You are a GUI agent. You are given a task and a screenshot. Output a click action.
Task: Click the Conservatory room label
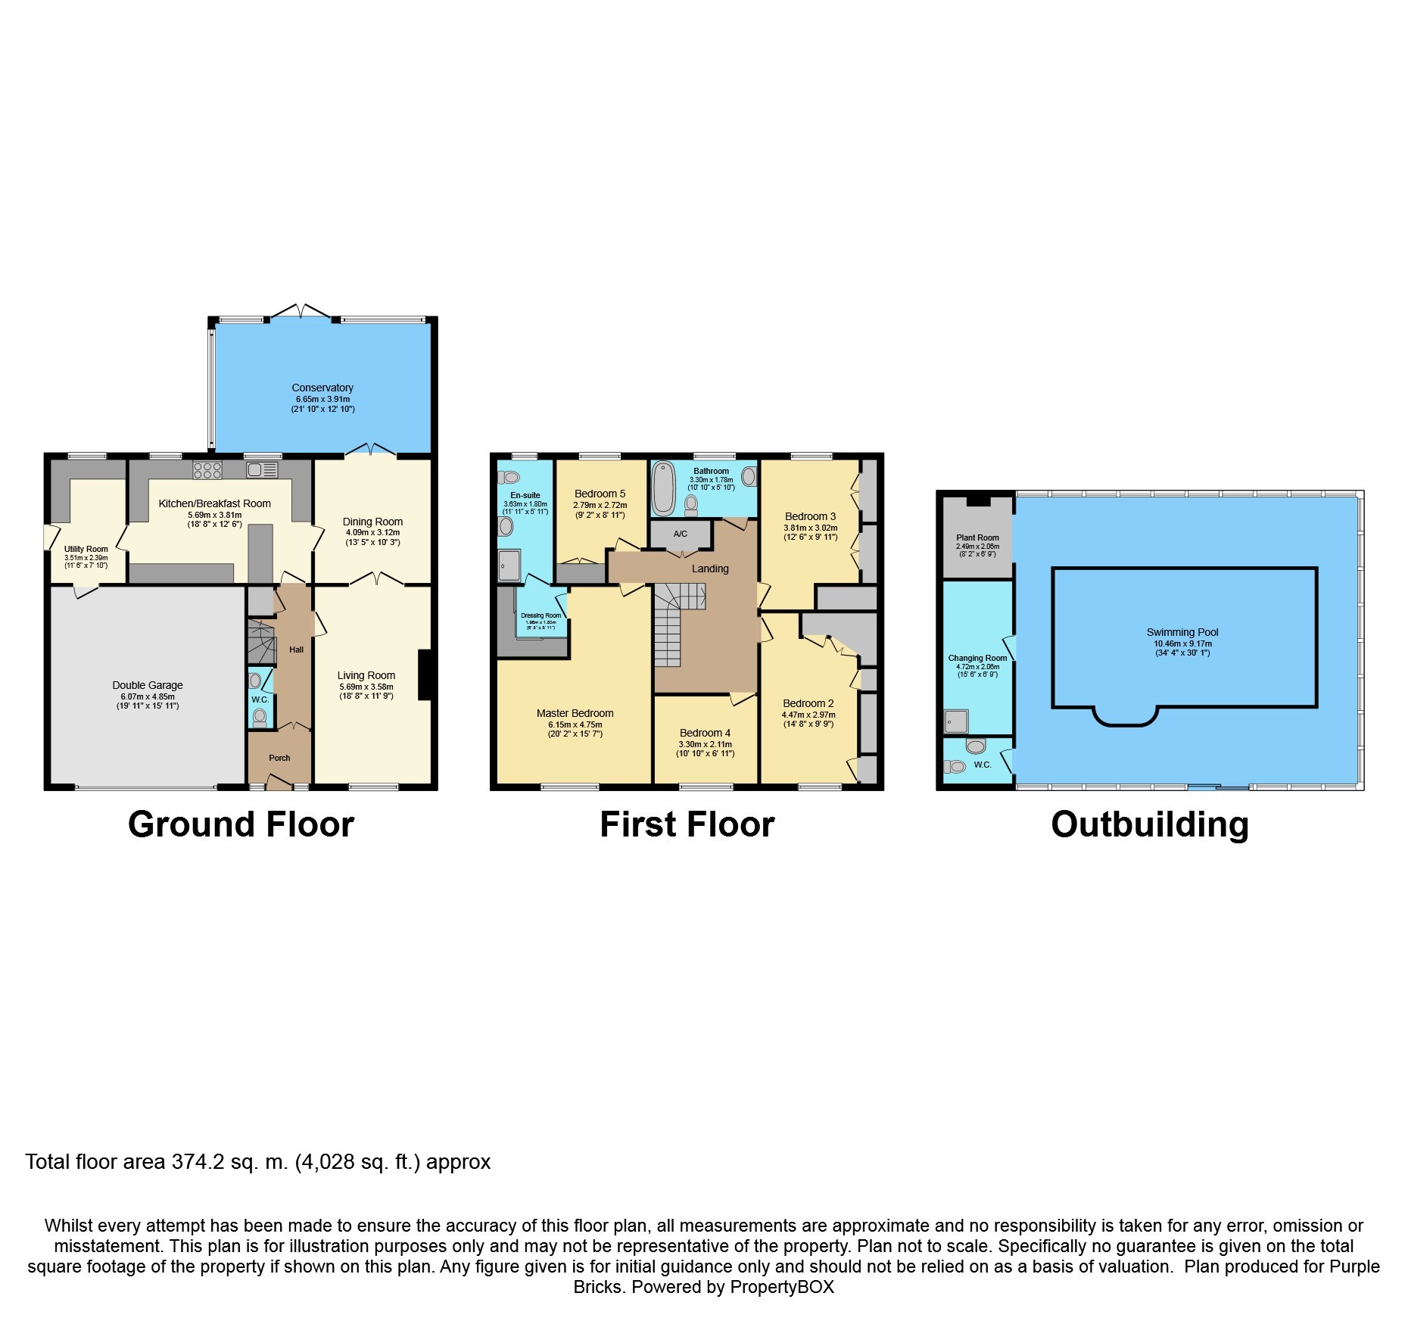[x=322, y=388]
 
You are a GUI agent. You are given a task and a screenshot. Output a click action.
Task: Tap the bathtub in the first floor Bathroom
[x=664, y=488]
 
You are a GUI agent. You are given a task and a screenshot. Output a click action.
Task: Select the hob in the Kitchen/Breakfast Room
[x=207, y=470]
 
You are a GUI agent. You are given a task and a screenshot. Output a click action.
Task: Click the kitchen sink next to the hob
[x=262, y=470]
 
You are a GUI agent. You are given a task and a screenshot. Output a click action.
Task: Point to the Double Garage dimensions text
[x=147, y=701]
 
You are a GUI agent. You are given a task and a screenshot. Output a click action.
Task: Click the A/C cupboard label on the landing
[x=681, y=534]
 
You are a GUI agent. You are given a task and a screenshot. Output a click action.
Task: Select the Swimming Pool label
[x=1182, y=632]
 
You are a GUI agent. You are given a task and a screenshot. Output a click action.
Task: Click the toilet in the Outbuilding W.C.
[x=976, y=747]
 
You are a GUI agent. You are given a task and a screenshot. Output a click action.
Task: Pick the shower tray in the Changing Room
[x=956, y=721]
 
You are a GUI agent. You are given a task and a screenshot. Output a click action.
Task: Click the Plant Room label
[x=977, y=537]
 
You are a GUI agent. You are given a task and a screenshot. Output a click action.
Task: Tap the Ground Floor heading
[x=241, y=824]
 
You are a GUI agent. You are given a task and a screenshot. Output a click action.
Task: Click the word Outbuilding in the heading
[x=1149, y=824]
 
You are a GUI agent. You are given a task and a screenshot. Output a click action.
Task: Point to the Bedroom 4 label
[x=705, y=733]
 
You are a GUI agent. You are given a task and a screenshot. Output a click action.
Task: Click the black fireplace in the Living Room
[x=425, y=675]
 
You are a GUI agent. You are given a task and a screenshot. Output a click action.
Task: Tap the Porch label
[x=279, y=758]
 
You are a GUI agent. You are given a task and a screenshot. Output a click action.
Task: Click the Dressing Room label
[x=540, y=615]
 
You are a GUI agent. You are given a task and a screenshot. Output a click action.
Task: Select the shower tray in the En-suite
[x=509, y=565]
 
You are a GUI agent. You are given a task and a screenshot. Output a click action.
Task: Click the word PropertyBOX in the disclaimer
[x=781, y=1287]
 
